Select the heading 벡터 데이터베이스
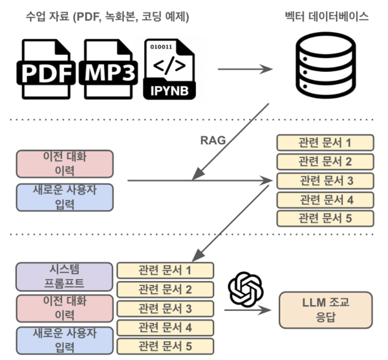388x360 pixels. (327, 16)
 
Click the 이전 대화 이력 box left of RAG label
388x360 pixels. (65, 165)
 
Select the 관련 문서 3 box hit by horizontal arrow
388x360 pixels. (325, 180)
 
